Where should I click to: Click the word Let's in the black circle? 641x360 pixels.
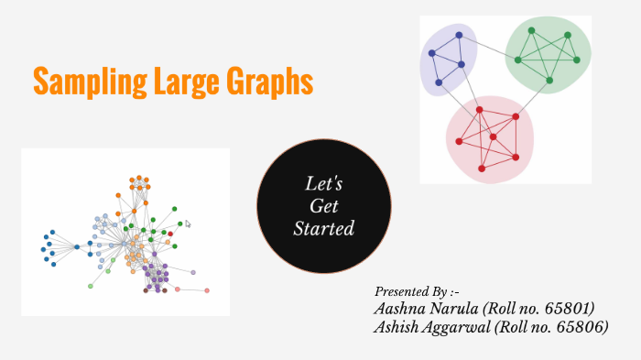323,184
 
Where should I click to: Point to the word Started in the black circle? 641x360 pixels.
323,228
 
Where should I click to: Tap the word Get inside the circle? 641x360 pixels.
323,206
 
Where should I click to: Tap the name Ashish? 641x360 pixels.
397,326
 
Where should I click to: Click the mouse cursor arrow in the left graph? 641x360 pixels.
188,224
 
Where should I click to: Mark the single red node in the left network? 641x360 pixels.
170,234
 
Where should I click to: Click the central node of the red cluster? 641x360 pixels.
493,137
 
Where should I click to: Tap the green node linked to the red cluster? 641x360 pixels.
549,80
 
